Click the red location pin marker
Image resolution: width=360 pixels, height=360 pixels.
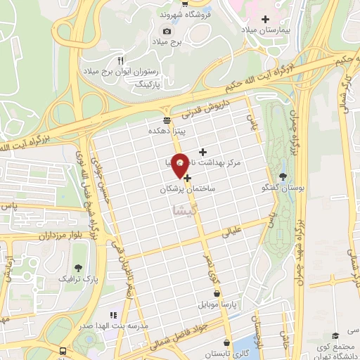(181, 165)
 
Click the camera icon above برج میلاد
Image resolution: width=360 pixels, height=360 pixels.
(167, 31)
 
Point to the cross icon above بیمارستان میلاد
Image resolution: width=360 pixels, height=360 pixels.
(265, 19)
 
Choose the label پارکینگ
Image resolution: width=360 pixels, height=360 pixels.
(167, 84)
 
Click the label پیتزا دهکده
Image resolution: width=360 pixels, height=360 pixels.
(167, 131)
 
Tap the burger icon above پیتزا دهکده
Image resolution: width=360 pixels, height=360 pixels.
(167, 119)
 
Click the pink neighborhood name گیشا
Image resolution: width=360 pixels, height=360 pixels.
(185, 210)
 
